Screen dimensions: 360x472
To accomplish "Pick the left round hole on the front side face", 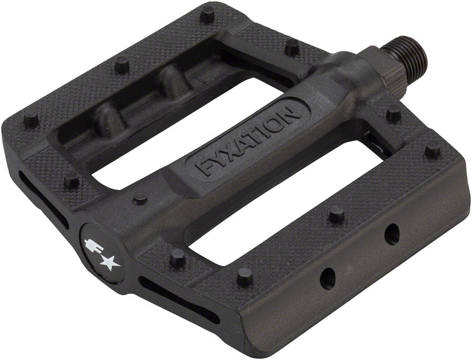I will (x=327, y=278).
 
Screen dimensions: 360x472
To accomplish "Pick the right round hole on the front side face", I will (x=391, y=235).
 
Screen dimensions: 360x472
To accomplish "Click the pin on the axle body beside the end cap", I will (x=140, y=197).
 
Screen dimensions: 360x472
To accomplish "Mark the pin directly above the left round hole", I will (x=336, y=214).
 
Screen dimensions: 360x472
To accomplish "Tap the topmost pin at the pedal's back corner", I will (x=208, y=14).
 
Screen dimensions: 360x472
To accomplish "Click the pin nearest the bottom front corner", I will (x=244, y=276).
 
